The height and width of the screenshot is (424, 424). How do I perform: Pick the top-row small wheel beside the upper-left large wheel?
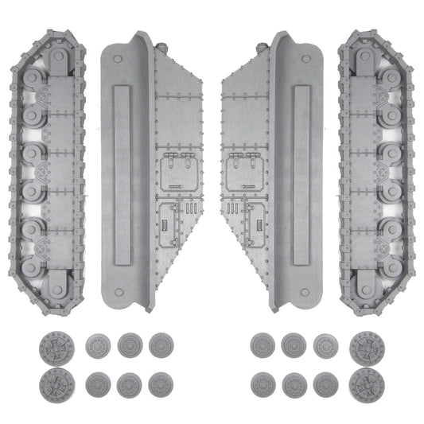pyautogui.click(x=99, y=347)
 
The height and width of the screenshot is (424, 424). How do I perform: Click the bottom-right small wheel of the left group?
pyautogui.click(x=161, y=385)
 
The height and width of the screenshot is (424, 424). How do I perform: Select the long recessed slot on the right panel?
pyautogui.click(x=301, y=175)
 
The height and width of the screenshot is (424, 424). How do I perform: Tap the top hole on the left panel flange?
pyautogui.click(x=118, y=58)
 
